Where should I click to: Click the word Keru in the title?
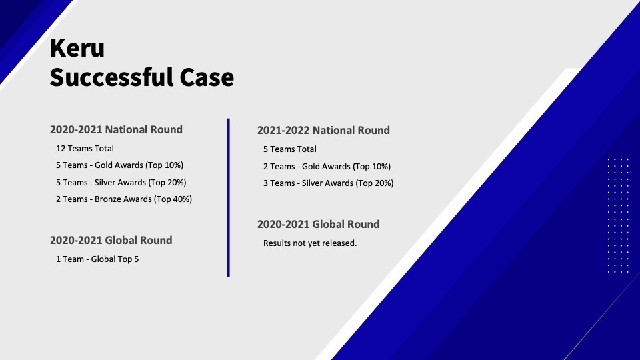[77, 48]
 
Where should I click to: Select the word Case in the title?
[207, 77]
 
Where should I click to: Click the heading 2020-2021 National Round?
[116, 129]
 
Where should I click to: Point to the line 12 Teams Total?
[85, 149]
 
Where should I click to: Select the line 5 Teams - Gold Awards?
[119, 165]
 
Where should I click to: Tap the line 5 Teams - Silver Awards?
[121, 183]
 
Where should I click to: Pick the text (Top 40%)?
[173, 199]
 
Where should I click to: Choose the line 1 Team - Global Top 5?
[97, 259]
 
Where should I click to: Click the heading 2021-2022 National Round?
[323, 130]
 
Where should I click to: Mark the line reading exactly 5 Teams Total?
[290, 149]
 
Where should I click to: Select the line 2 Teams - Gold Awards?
[327, 167]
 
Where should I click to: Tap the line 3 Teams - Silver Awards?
[328, 183]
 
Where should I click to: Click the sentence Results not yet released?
[310, 243]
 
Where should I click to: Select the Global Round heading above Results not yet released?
[319, 224]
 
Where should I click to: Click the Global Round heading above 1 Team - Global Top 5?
[111, 240]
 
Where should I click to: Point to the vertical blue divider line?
[229, 197]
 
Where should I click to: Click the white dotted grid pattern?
[618, 215]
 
